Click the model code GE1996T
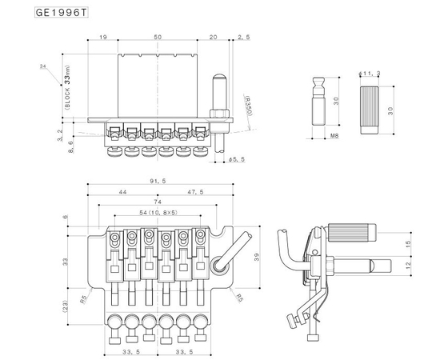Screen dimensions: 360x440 coord(60,14)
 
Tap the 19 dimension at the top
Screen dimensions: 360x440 coord(104,37)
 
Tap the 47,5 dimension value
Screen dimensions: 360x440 coord(195,193)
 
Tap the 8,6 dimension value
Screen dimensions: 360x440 coord(71,148)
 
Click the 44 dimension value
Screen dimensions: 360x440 coord(121,193)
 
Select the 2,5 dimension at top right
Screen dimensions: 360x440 coord(245,37)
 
